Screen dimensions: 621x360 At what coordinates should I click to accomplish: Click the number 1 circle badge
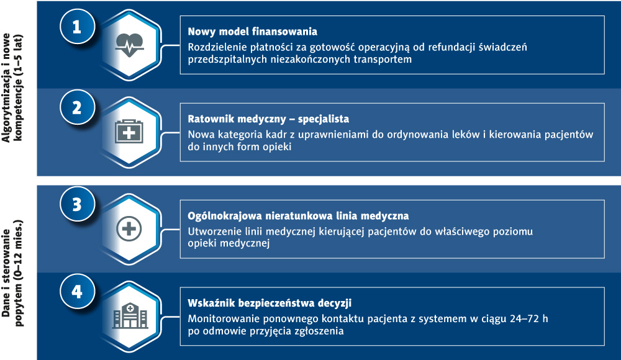coord(77,27)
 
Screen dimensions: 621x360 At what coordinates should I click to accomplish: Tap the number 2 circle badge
coord(77,107)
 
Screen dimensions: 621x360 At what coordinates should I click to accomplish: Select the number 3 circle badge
coord(77,204)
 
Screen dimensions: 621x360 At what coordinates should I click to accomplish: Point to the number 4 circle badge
coord(77,292)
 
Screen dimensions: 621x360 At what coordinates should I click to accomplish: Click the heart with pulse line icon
coord(129,45)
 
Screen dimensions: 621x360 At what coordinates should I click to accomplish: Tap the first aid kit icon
coord(129,132)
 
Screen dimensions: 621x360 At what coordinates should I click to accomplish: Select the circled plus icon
coord(129,229)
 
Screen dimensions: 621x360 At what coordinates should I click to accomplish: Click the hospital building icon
coord(130,316)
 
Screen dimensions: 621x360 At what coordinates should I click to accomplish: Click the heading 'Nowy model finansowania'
coord(252,31)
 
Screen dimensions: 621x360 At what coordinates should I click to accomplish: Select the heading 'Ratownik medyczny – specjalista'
coord(268,119)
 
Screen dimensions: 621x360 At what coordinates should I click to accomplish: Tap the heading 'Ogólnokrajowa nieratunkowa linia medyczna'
coord(298,216)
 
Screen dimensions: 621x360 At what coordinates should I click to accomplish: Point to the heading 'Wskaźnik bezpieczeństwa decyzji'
coord(270,303)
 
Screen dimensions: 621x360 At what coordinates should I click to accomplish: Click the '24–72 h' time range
coord(529,318)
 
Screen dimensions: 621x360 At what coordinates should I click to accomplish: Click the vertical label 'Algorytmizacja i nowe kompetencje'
coord(12,88)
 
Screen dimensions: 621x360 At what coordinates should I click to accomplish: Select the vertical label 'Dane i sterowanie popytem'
coord(12,273)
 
